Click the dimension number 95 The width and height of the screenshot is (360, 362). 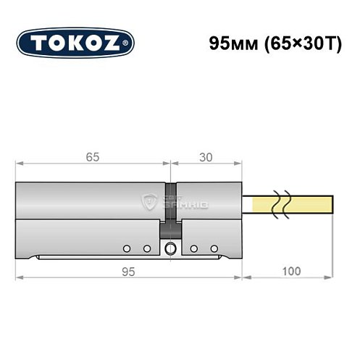tap(128, 270)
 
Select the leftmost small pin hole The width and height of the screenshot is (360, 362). tap(127, 249)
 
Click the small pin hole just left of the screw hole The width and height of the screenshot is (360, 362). tap(146, 249)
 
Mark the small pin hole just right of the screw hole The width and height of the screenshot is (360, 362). tap(194, 249)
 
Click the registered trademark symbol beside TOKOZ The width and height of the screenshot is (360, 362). tap(128, 43)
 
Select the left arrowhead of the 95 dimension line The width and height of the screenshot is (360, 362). tap(19, 277)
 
